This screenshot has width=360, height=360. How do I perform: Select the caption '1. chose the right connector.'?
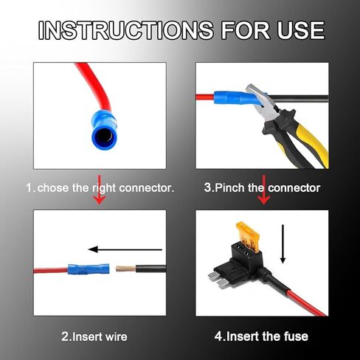100,188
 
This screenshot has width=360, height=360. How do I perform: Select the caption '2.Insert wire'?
94,336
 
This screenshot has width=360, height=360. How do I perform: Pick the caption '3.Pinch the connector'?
262,188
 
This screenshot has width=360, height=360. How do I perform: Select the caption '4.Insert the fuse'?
261,336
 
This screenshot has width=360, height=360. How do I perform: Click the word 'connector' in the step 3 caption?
293,188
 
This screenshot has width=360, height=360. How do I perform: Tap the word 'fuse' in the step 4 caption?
295,336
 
